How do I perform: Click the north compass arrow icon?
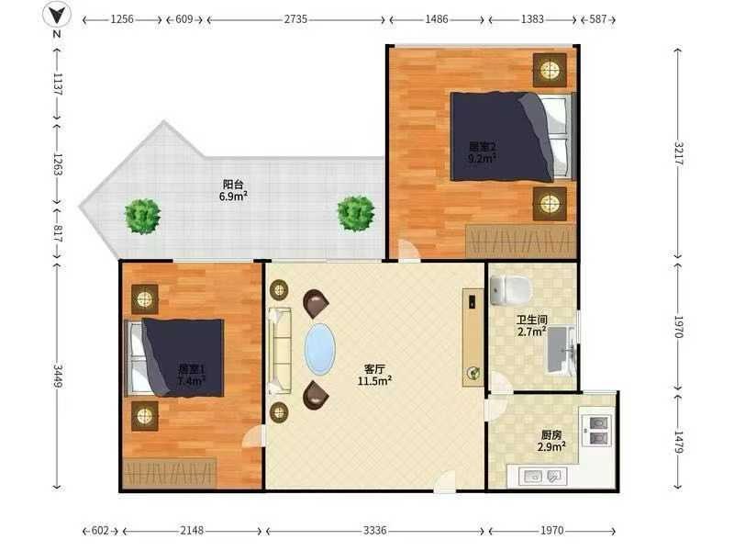pos(57,15)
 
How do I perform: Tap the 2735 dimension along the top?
pos(295,19)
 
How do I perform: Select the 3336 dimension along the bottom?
pos(375,531)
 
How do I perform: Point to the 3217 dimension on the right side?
pos(679,153)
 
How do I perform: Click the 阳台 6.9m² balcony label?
pos(233,190)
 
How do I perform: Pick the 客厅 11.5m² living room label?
pos(374,375)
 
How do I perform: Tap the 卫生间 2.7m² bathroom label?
pos(532,326)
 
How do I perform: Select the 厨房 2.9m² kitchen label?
pos(551,441)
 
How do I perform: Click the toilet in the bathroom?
pos(511,289)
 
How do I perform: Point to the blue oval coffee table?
pos(320,349)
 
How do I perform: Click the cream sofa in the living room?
pos(280,350)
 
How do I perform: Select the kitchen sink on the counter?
pos(543,477)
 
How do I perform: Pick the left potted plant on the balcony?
pos(143,217)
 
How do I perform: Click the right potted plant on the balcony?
pos(356,214)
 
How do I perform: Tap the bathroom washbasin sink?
pos(562,350)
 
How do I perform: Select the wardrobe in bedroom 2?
pos(520,241)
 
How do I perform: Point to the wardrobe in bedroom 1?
pos(170,473)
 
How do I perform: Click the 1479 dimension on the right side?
pos(679,443)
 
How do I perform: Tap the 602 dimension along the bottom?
pos(100,531)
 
